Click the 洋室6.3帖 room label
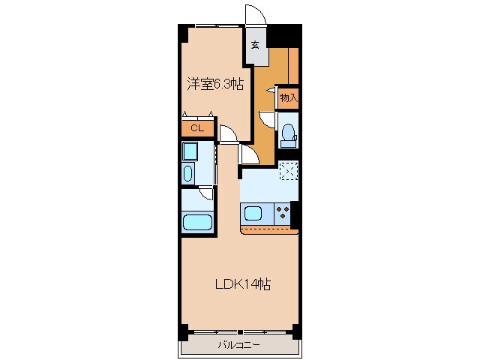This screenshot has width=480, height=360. (215, 85)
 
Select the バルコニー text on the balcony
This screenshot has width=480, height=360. (238, 346)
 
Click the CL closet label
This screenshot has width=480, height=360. (196, 128)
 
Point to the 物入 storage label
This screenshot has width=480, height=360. (289, 97)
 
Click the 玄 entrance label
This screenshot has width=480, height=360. (255, 45)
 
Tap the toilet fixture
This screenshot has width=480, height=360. (288, 133)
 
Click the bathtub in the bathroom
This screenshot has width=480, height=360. (198, 223)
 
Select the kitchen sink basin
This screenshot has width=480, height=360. (253, 213)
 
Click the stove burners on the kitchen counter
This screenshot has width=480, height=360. (283, 212)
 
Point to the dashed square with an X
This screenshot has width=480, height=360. (289, 171)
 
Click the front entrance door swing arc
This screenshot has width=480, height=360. (255, 16)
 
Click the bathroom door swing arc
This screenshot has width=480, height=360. (206, 193)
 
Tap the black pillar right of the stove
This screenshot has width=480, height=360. (295, 215)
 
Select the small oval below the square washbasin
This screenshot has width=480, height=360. (187, 174)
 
